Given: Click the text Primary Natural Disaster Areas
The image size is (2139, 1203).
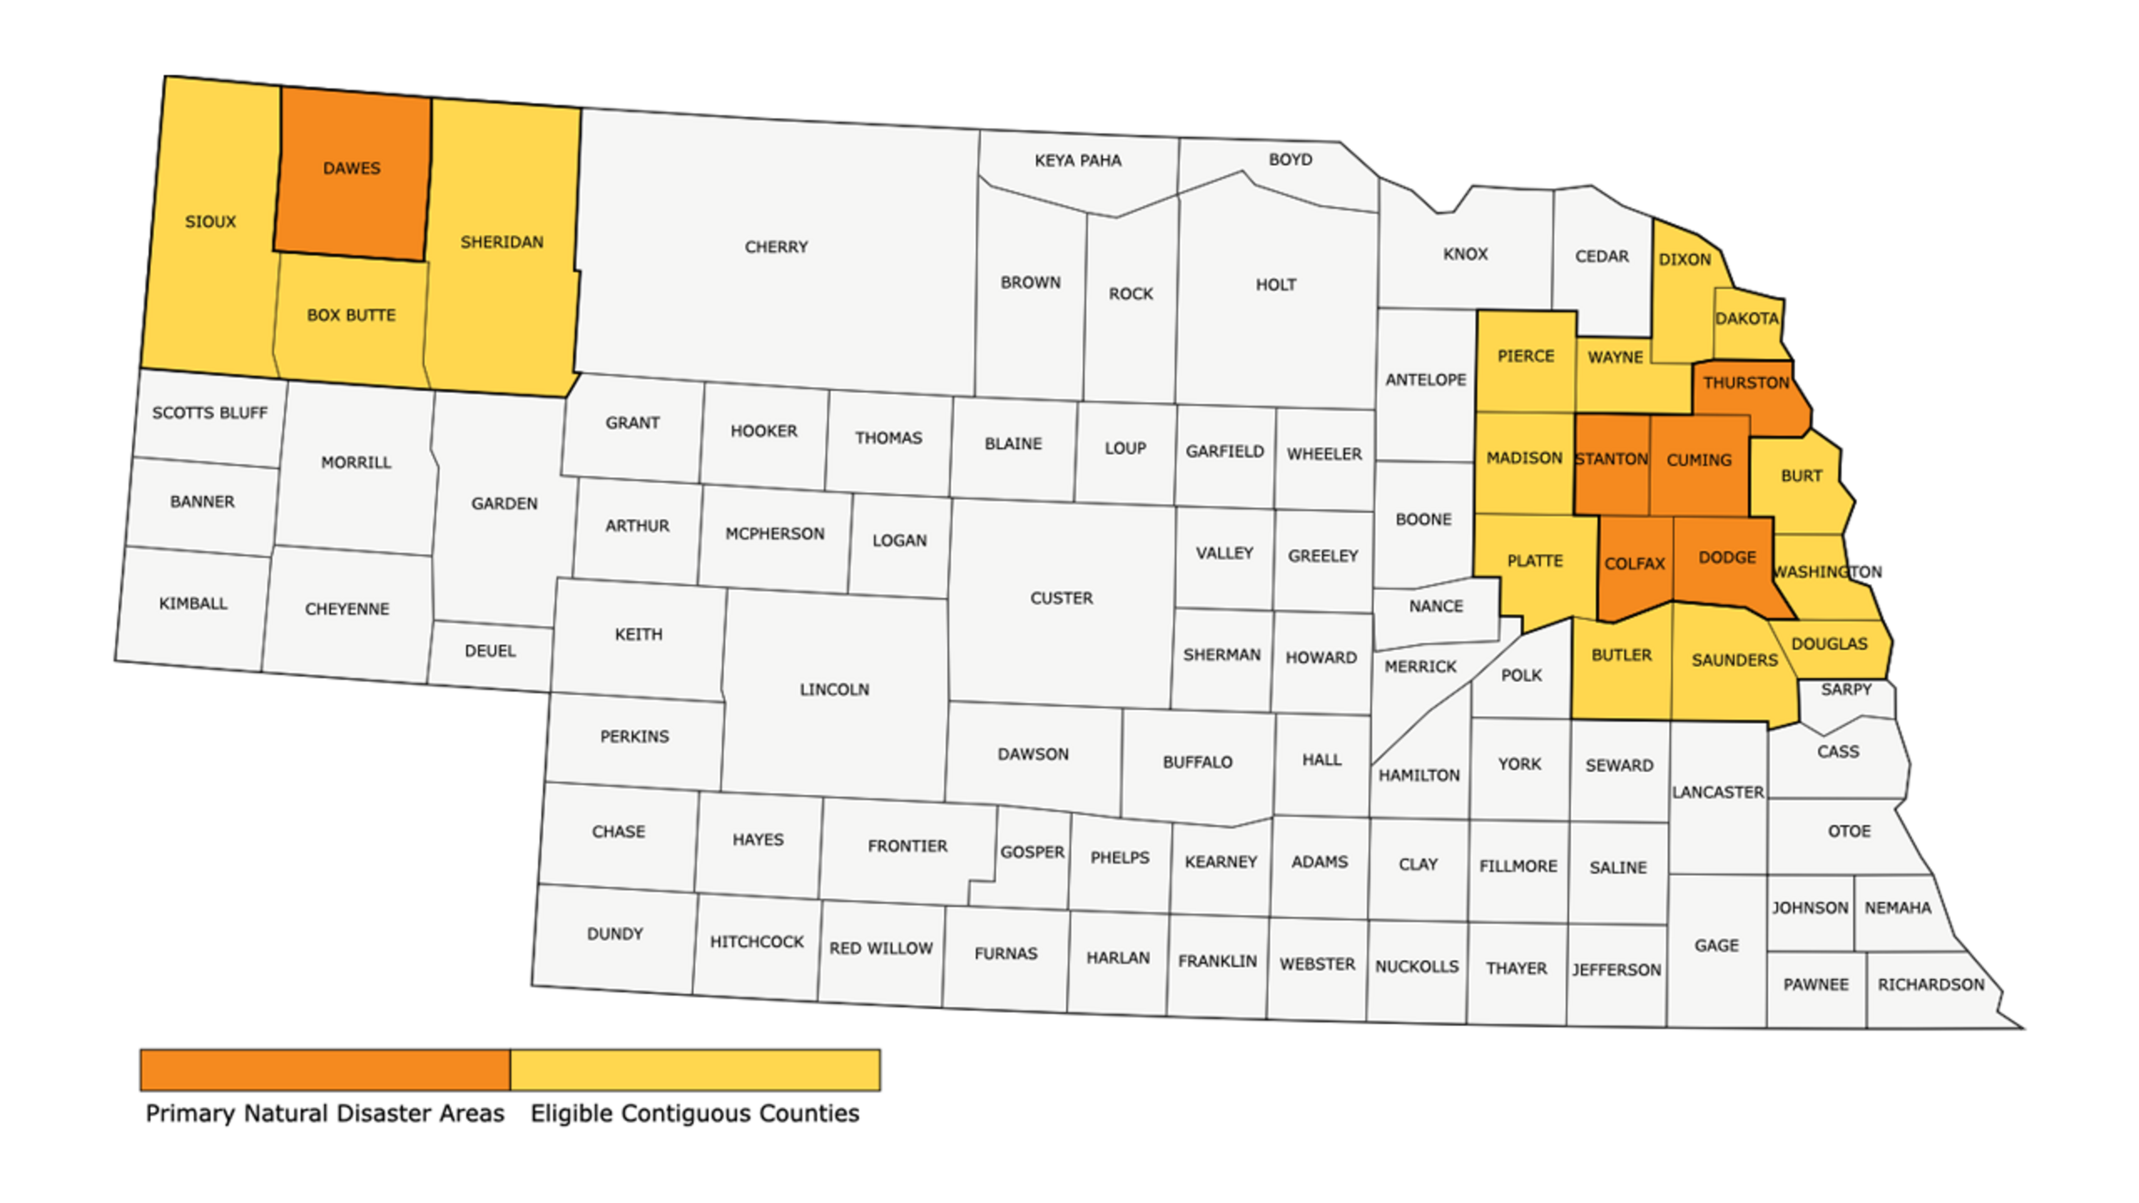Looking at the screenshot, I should coord(325,1113).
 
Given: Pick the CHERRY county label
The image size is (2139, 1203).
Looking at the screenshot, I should coord(775,247).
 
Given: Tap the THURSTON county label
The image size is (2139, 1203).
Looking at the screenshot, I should coord(1746,383).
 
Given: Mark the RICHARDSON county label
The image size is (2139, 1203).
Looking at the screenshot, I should coord(1930,985).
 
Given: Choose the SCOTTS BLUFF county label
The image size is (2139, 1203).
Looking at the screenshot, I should coord(209,412).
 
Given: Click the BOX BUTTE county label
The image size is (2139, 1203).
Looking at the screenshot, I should coord(351,315).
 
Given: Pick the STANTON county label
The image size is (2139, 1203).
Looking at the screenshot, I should coord(1611,459).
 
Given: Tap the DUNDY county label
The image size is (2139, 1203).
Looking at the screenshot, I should coord(614,934).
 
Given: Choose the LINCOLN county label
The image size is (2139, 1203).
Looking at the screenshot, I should coord(834,689).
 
